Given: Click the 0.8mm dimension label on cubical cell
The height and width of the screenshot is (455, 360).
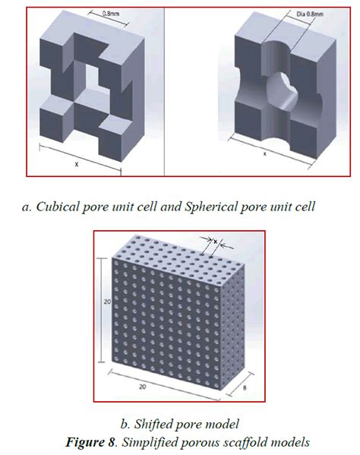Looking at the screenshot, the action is pyautogui.click(x=111, y=14).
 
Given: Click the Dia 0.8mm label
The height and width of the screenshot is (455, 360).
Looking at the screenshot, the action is pyautogui.click(x=310, y=14).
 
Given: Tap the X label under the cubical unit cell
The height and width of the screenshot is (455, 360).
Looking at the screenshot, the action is pyautogui.click(x=77, y=164).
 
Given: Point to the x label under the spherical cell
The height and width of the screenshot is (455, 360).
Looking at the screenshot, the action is pyautogui.click(x=264, y=153).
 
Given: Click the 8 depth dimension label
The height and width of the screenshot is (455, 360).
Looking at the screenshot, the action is pyautogui.click(x=245, y=387).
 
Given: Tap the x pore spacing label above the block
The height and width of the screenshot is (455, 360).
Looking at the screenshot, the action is pyautogui.click(x=216, y=241).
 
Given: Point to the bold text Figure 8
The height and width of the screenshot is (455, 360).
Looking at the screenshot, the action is pyautogui.click(x=90, y=442).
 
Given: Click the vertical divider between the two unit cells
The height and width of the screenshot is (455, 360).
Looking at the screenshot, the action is pyautogui.click(x=165, y=92).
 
